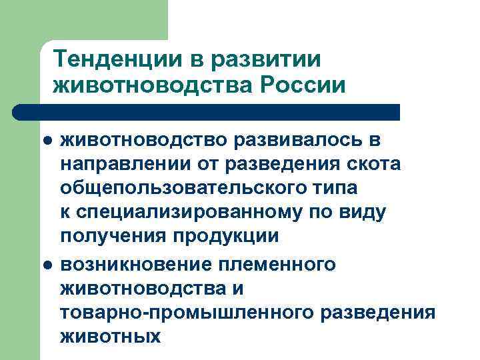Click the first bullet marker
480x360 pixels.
[x=47, y=141]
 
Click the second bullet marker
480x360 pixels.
[x=47, y=265]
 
